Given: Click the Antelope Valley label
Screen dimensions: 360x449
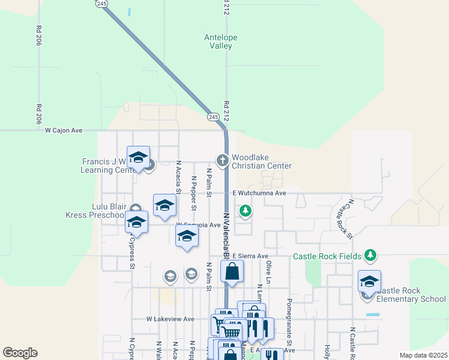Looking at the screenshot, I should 221,41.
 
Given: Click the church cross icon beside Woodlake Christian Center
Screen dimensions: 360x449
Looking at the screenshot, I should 222,160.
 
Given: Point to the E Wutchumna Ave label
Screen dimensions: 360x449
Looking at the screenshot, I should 259,193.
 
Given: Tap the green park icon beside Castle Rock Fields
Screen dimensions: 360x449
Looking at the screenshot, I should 370,256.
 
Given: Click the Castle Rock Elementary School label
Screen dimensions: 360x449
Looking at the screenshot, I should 412,295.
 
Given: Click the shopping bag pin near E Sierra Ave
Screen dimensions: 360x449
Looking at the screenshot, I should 232,272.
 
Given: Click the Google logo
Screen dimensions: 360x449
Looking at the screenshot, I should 20,353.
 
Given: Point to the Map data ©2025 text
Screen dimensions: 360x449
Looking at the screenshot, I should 423,355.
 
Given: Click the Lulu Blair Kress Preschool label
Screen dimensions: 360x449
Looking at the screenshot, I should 101,210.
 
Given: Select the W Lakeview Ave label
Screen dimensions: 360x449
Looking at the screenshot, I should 170,319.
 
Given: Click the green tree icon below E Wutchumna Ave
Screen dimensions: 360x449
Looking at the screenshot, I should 245,211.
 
